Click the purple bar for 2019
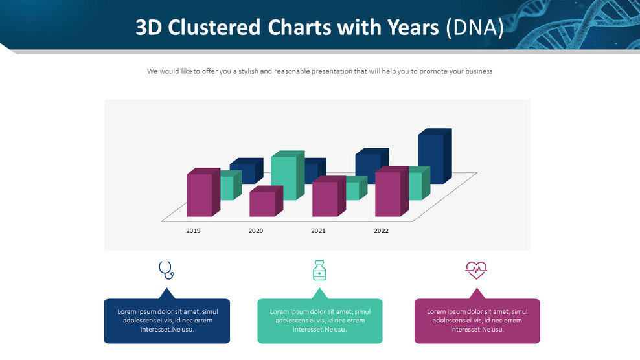tap(200, 194)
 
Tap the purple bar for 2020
tap(262, 203)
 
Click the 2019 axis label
tap(193, 231)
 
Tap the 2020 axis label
tap(256, 231)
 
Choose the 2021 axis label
tap(318, 231)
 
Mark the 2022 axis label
tap(381, 231)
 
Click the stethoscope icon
tap(166, 270)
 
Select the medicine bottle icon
tap(319, 270)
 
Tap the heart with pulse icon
tap(476, 269)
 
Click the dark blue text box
tap(166, 321)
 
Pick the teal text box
tap(319, 321)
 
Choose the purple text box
tap(477, 321)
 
